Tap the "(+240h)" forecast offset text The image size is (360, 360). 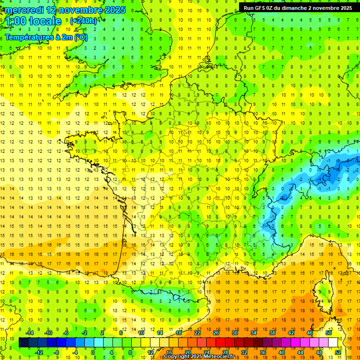click(83, 21)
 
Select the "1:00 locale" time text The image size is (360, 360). click(34, 21)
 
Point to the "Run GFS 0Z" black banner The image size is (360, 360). click(298, 7)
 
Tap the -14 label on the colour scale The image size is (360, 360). click(30, 333)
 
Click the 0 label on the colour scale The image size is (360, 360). click(93, 352)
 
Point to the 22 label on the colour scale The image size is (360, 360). click(197, 333)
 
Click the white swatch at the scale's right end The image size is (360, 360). click(333, 342)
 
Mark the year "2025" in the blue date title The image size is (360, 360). click(112, 10)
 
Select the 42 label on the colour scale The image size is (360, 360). click(290, 333)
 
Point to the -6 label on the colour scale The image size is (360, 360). click(66, 333)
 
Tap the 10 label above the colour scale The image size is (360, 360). click(141, 333)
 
